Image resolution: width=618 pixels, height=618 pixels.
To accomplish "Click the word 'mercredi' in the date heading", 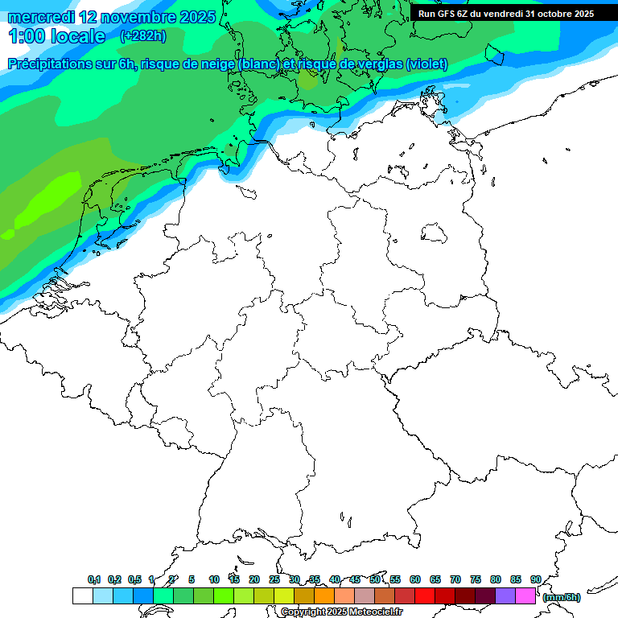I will tap(40, 17).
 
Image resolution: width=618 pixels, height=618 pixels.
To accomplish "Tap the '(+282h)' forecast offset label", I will tap(143, 36).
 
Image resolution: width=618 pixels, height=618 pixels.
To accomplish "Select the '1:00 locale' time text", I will tap(56, 36).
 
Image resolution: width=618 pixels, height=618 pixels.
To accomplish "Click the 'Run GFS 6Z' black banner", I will tap(506, 13).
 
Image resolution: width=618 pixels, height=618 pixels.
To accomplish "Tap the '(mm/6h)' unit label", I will tap(561, 597).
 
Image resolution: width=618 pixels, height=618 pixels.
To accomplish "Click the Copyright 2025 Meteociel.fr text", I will tap(341, 612).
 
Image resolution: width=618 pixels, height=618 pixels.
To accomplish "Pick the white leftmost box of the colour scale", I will tap(82, 596).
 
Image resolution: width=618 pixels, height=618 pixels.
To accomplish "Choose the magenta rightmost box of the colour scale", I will tap(525, 596).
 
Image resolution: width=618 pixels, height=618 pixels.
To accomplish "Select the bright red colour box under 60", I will tap(425, 596).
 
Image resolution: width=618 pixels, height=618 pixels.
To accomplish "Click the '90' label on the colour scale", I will tap(536, 579).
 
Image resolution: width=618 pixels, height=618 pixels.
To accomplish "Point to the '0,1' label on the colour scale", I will tap(94, 579).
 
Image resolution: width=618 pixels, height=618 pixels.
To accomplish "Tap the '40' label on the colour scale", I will tap(335, 579).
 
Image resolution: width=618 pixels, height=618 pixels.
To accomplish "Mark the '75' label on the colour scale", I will tap(476, 579).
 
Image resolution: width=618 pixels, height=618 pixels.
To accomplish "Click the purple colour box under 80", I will tap(505, 596).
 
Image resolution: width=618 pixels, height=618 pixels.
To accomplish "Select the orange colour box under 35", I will tap(324, 596).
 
